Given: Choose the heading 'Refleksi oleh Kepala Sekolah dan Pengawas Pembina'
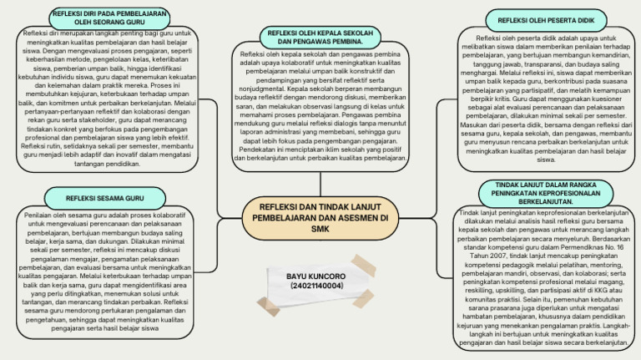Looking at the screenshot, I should tap(320, 36).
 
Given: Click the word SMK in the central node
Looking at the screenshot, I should tap(320, 229).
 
